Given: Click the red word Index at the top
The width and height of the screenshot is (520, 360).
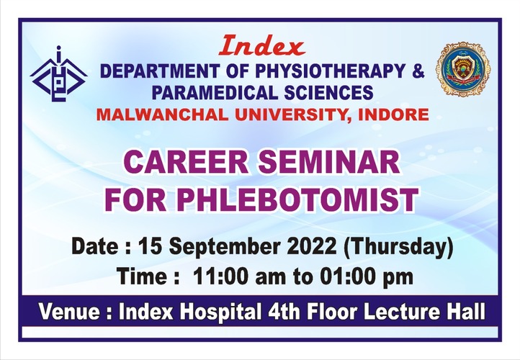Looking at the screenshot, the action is (261, 46).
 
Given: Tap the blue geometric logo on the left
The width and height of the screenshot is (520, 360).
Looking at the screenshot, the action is (59, 73).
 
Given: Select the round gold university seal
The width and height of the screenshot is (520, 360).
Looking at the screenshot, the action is (462, 69).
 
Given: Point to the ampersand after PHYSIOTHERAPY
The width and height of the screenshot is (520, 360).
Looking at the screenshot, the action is (418, 71).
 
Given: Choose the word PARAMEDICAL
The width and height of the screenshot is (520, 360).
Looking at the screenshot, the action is (214, 92).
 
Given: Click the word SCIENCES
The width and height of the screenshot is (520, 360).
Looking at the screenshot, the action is (328, 92).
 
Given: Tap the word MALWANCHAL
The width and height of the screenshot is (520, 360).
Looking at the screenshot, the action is (163, 114).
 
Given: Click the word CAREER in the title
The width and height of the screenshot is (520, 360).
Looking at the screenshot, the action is (187, 162).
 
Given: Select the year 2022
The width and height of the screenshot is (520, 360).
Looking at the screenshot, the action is (313, 247).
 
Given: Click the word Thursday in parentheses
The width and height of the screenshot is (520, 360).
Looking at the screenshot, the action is (398, 248).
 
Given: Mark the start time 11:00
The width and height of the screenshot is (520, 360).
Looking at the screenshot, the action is (220, 276).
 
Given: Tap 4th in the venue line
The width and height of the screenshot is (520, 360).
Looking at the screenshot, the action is (282, 312).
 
